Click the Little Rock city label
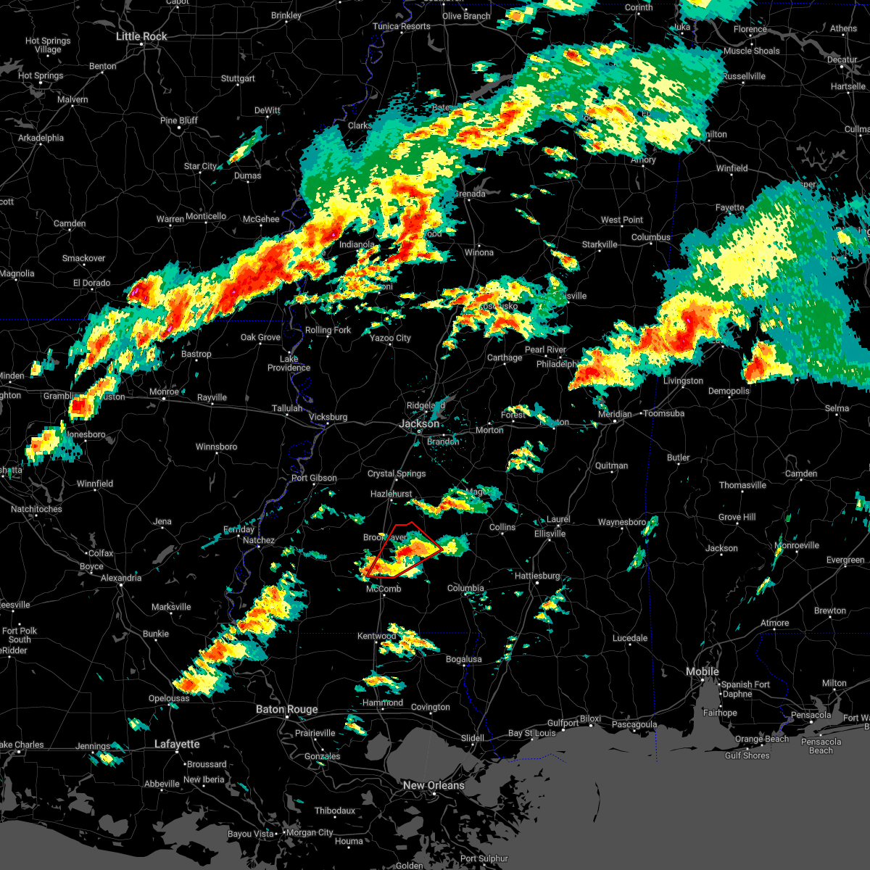click(141, 36)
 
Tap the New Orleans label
click(434, 785)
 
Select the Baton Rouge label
click(286, 709)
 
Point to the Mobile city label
click(703, 671)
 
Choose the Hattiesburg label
click(537, 576)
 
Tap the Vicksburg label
click(328, 417)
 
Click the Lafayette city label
click(177, 744)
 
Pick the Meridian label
click(614, 414)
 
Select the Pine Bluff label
click(178, 120)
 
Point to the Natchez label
click(259, 540)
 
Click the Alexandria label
click(121, 578)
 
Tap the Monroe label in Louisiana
click(164, 391)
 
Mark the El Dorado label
click(91, 283)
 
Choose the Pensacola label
click(811, 715)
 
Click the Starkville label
click(600, 244)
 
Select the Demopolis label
click(729, 391)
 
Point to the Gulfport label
click(563, 723)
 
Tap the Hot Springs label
click(41, 75)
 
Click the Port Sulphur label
click(484, 858)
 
